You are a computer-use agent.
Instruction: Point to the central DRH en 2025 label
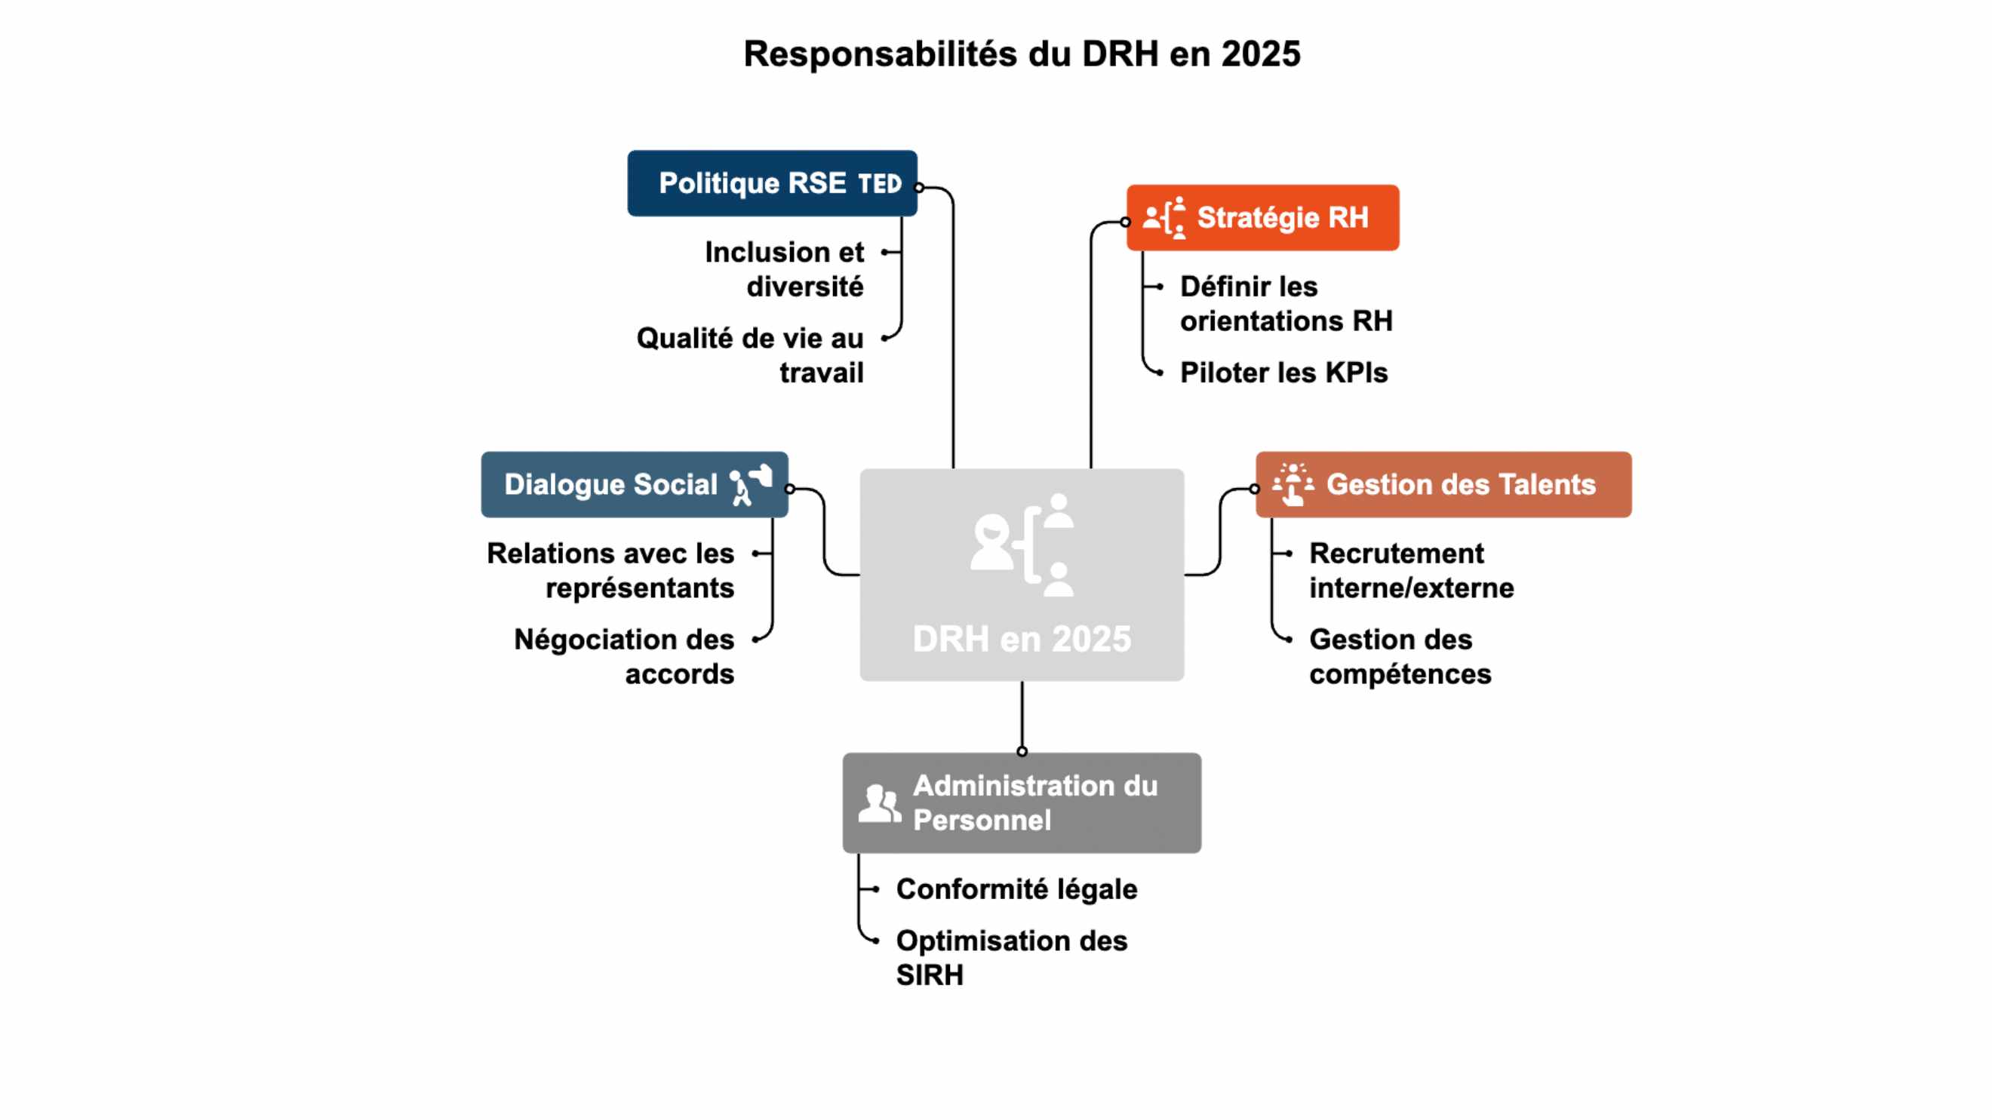click(x=1022, y=640)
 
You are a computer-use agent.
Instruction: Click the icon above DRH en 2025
click(x=1022, y=545)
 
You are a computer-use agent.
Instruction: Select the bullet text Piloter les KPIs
click(x=1283, y=373)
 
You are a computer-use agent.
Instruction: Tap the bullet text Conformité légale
click(x=1016, y=889)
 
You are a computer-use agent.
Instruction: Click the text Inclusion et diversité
click(x=784, y=269)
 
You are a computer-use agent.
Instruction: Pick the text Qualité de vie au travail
click(x=749, y=354)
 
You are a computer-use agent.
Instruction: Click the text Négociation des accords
click(x=624, y=656)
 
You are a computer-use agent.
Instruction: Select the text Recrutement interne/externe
click(x=1410, y=570)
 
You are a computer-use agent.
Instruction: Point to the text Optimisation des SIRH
click(x=1010, y=957)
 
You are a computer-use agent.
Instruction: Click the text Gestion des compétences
click(x=1400, y=656)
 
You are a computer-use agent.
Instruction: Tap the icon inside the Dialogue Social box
click(x=751, y=485)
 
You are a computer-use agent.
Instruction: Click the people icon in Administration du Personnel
click(x=879, y=803)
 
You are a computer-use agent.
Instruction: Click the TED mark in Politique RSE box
click(x=879, y=184)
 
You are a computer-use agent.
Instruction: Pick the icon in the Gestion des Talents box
click(x=1293, y=485)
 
